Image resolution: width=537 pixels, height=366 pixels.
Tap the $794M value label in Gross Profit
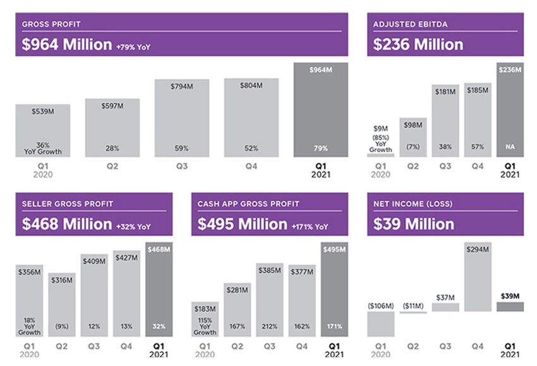click(x=182, y=86)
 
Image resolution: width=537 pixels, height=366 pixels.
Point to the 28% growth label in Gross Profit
click(x=112, y=149)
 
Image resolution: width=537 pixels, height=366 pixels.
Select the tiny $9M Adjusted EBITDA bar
click(x=380, y=155)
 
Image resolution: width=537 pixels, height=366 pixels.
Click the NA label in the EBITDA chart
click(x=509, y=147)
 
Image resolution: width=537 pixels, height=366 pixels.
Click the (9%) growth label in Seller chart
click(x=63, y=327)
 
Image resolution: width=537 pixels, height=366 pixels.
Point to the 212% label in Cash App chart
click(x=270, y=327)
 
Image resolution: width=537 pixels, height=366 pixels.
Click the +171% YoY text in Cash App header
click(x=310, y=226)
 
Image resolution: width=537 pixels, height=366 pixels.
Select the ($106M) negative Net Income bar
click(x=380, y=324)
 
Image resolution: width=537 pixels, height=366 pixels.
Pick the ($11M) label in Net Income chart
click(x=413, y=306)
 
